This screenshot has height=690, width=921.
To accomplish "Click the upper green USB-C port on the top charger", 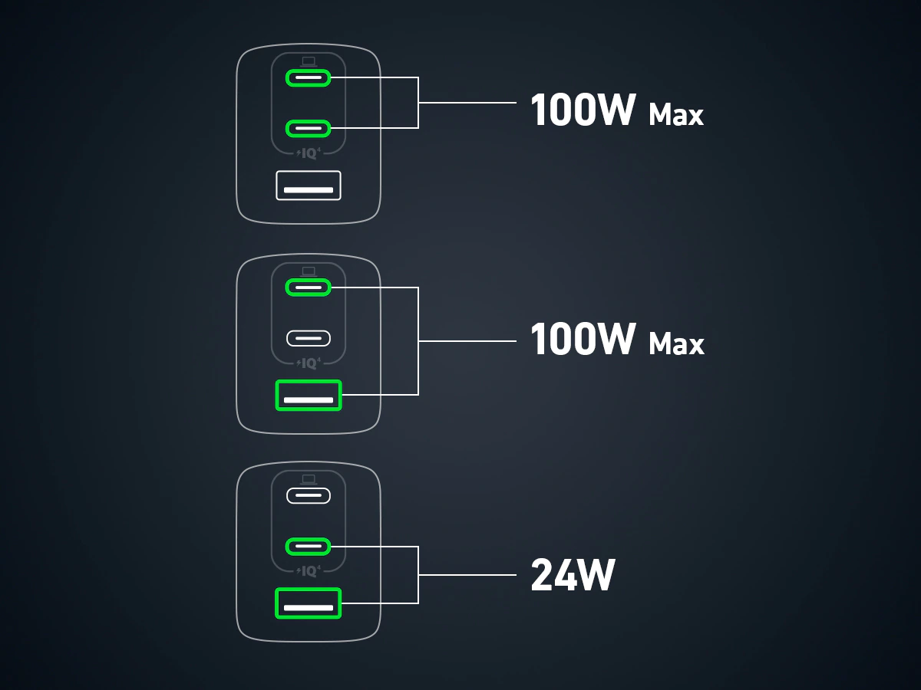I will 308,78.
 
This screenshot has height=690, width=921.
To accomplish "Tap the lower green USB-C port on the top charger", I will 308,127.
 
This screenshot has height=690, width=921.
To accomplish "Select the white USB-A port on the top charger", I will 308,186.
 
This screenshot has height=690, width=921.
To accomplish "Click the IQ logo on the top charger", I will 309,153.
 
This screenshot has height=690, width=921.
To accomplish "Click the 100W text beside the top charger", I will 583,111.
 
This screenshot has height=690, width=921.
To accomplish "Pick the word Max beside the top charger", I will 676,115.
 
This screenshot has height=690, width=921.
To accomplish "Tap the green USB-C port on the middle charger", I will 308,287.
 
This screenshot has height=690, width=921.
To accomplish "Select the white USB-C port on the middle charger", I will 308,337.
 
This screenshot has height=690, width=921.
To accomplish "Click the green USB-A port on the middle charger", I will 308,395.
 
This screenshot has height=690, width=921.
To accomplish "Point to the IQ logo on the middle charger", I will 309,363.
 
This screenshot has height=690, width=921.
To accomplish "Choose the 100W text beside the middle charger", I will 583,340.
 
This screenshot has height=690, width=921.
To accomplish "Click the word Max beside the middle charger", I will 676,344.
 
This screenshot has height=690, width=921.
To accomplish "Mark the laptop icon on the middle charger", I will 309,271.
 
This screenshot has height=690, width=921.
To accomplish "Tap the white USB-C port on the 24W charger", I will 308,496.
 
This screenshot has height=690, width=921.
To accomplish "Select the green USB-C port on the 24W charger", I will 308,547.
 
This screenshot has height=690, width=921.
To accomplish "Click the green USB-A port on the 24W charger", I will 308,603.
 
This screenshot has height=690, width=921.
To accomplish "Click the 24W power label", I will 573,575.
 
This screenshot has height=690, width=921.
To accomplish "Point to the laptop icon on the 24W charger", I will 309,479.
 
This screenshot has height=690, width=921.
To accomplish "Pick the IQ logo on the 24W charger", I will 309,571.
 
